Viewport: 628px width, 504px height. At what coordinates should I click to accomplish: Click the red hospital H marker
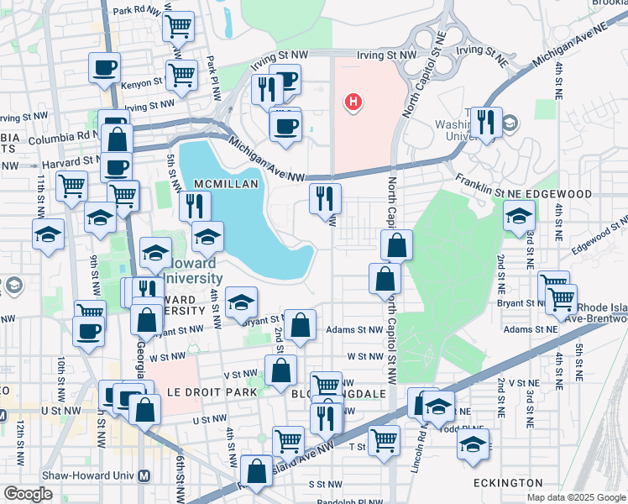click(x=354, y=102)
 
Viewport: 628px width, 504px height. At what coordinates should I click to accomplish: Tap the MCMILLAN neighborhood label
click(x=225, y=183)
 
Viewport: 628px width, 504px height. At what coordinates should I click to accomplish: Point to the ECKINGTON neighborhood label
click(x=507, y=483)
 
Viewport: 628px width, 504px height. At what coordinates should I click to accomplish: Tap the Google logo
click(x=28, y=493)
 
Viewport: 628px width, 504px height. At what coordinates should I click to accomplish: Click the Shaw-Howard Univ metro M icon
click(x=144, y=475)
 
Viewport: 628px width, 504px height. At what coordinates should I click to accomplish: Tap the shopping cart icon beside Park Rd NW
click(x=179, y=27)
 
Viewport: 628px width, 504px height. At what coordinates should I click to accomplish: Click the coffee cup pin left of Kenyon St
click(x=104, y=68)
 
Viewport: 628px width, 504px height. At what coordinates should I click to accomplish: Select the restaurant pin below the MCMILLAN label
click(x=195, y=206)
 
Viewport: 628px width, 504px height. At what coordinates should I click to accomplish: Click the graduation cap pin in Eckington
click(x=474, y=444)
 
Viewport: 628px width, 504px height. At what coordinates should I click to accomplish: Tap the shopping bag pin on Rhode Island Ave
click(x=256, y=470)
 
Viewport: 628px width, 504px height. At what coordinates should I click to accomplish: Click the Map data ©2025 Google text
click(x=576, y=497)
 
